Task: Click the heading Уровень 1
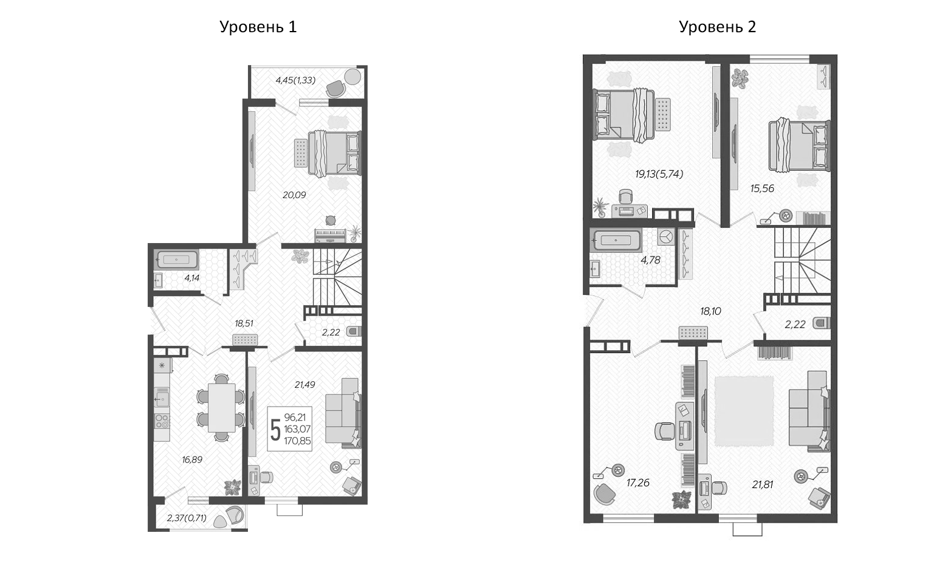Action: (x=258, y=27)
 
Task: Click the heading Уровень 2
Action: (x=717, y=27)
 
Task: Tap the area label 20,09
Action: (x=294, y=195)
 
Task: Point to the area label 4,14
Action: (x=191, y=278)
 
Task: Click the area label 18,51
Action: (x=244, y=323)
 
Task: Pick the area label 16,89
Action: (x=192, y=460)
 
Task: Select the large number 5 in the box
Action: (x=275, y=430)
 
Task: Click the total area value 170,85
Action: (x=297, y=441)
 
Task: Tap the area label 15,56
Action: (x=762, y=188)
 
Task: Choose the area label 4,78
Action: (x=650, y=260)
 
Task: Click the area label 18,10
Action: (x=710, y=311)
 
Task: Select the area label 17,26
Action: (x=638, y=483)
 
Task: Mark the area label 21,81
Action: (x=762, y=484)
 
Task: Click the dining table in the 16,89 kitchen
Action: (x=221, y=407)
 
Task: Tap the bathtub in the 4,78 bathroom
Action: (x=616, y=241)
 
